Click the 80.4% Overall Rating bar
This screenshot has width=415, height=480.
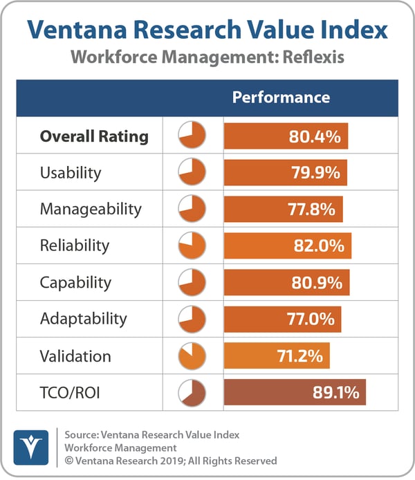(286, 136)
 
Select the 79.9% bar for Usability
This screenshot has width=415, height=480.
(285, 173)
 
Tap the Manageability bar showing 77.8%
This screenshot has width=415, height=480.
(284, 209)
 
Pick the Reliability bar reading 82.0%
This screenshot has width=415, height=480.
(288, 246)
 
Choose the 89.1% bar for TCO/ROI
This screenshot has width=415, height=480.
(295, 392)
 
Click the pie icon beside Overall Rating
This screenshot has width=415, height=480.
(192, 136)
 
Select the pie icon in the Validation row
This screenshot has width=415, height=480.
(192, 356)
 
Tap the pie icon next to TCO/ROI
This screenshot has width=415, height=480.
(192, 392)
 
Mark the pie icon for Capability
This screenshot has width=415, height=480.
(192, 282)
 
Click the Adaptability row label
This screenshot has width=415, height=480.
(84, 319)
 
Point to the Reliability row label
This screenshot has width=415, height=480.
(75, 246)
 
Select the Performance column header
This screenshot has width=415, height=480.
(281, 98)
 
